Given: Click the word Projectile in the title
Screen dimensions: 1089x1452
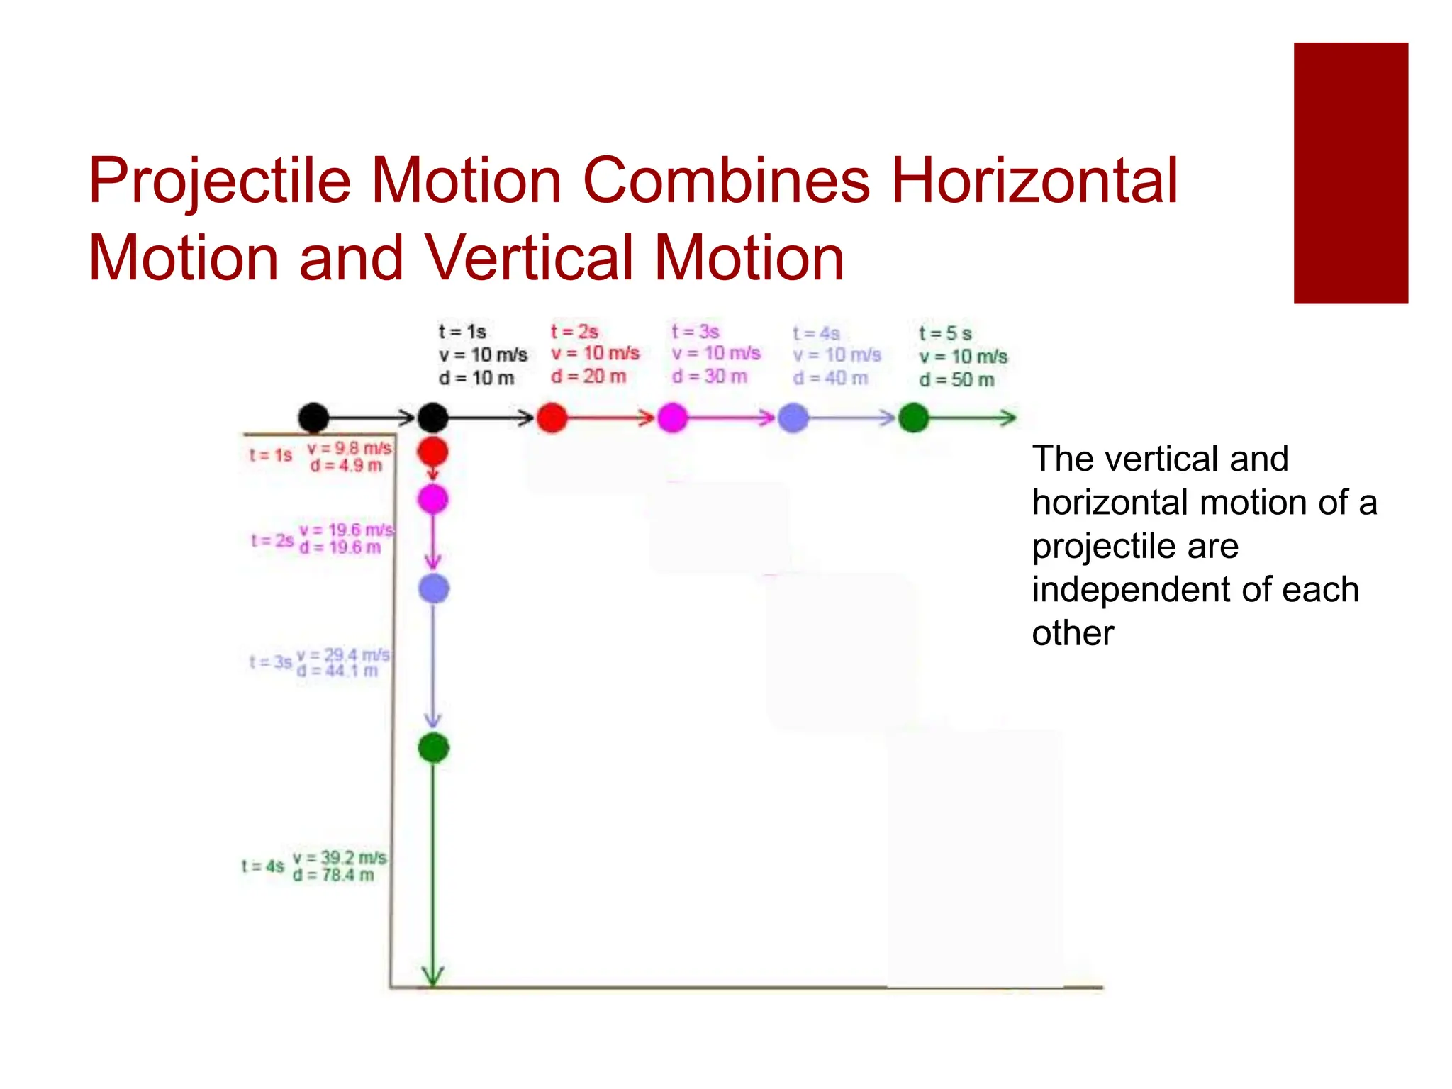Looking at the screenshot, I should pos(220,181).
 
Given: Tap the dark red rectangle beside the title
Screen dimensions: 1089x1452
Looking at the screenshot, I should pos(1350,173).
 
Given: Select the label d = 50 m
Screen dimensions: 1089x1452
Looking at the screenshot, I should pos(956,380).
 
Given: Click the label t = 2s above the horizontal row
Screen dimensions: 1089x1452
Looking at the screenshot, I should pos(574,332).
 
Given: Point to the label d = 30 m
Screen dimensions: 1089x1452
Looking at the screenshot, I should pos(710,376).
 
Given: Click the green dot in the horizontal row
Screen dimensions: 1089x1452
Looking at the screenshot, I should pos(913,418).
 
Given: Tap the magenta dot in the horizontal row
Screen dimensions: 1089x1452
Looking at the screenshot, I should pos(672,418).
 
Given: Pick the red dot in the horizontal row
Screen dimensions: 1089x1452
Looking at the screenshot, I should pos(552,418).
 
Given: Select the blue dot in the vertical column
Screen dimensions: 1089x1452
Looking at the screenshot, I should pos(434,588).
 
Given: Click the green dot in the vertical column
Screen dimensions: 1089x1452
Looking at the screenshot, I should pos(434,747).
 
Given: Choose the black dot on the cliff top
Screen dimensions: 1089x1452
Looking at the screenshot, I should pos(313,418).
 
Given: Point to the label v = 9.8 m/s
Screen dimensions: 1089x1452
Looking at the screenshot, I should pos(349,448).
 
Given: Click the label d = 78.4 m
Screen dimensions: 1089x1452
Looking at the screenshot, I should pos(333,875).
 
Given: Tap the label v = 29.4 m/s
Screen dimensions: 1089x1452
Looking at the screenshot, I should pos(343,654).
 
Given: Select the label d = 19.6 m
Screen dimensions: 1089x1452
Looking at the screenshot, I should pos(340,547).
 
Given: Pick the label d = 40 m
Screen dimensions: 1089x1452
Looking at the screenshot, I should pos(830,378).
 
